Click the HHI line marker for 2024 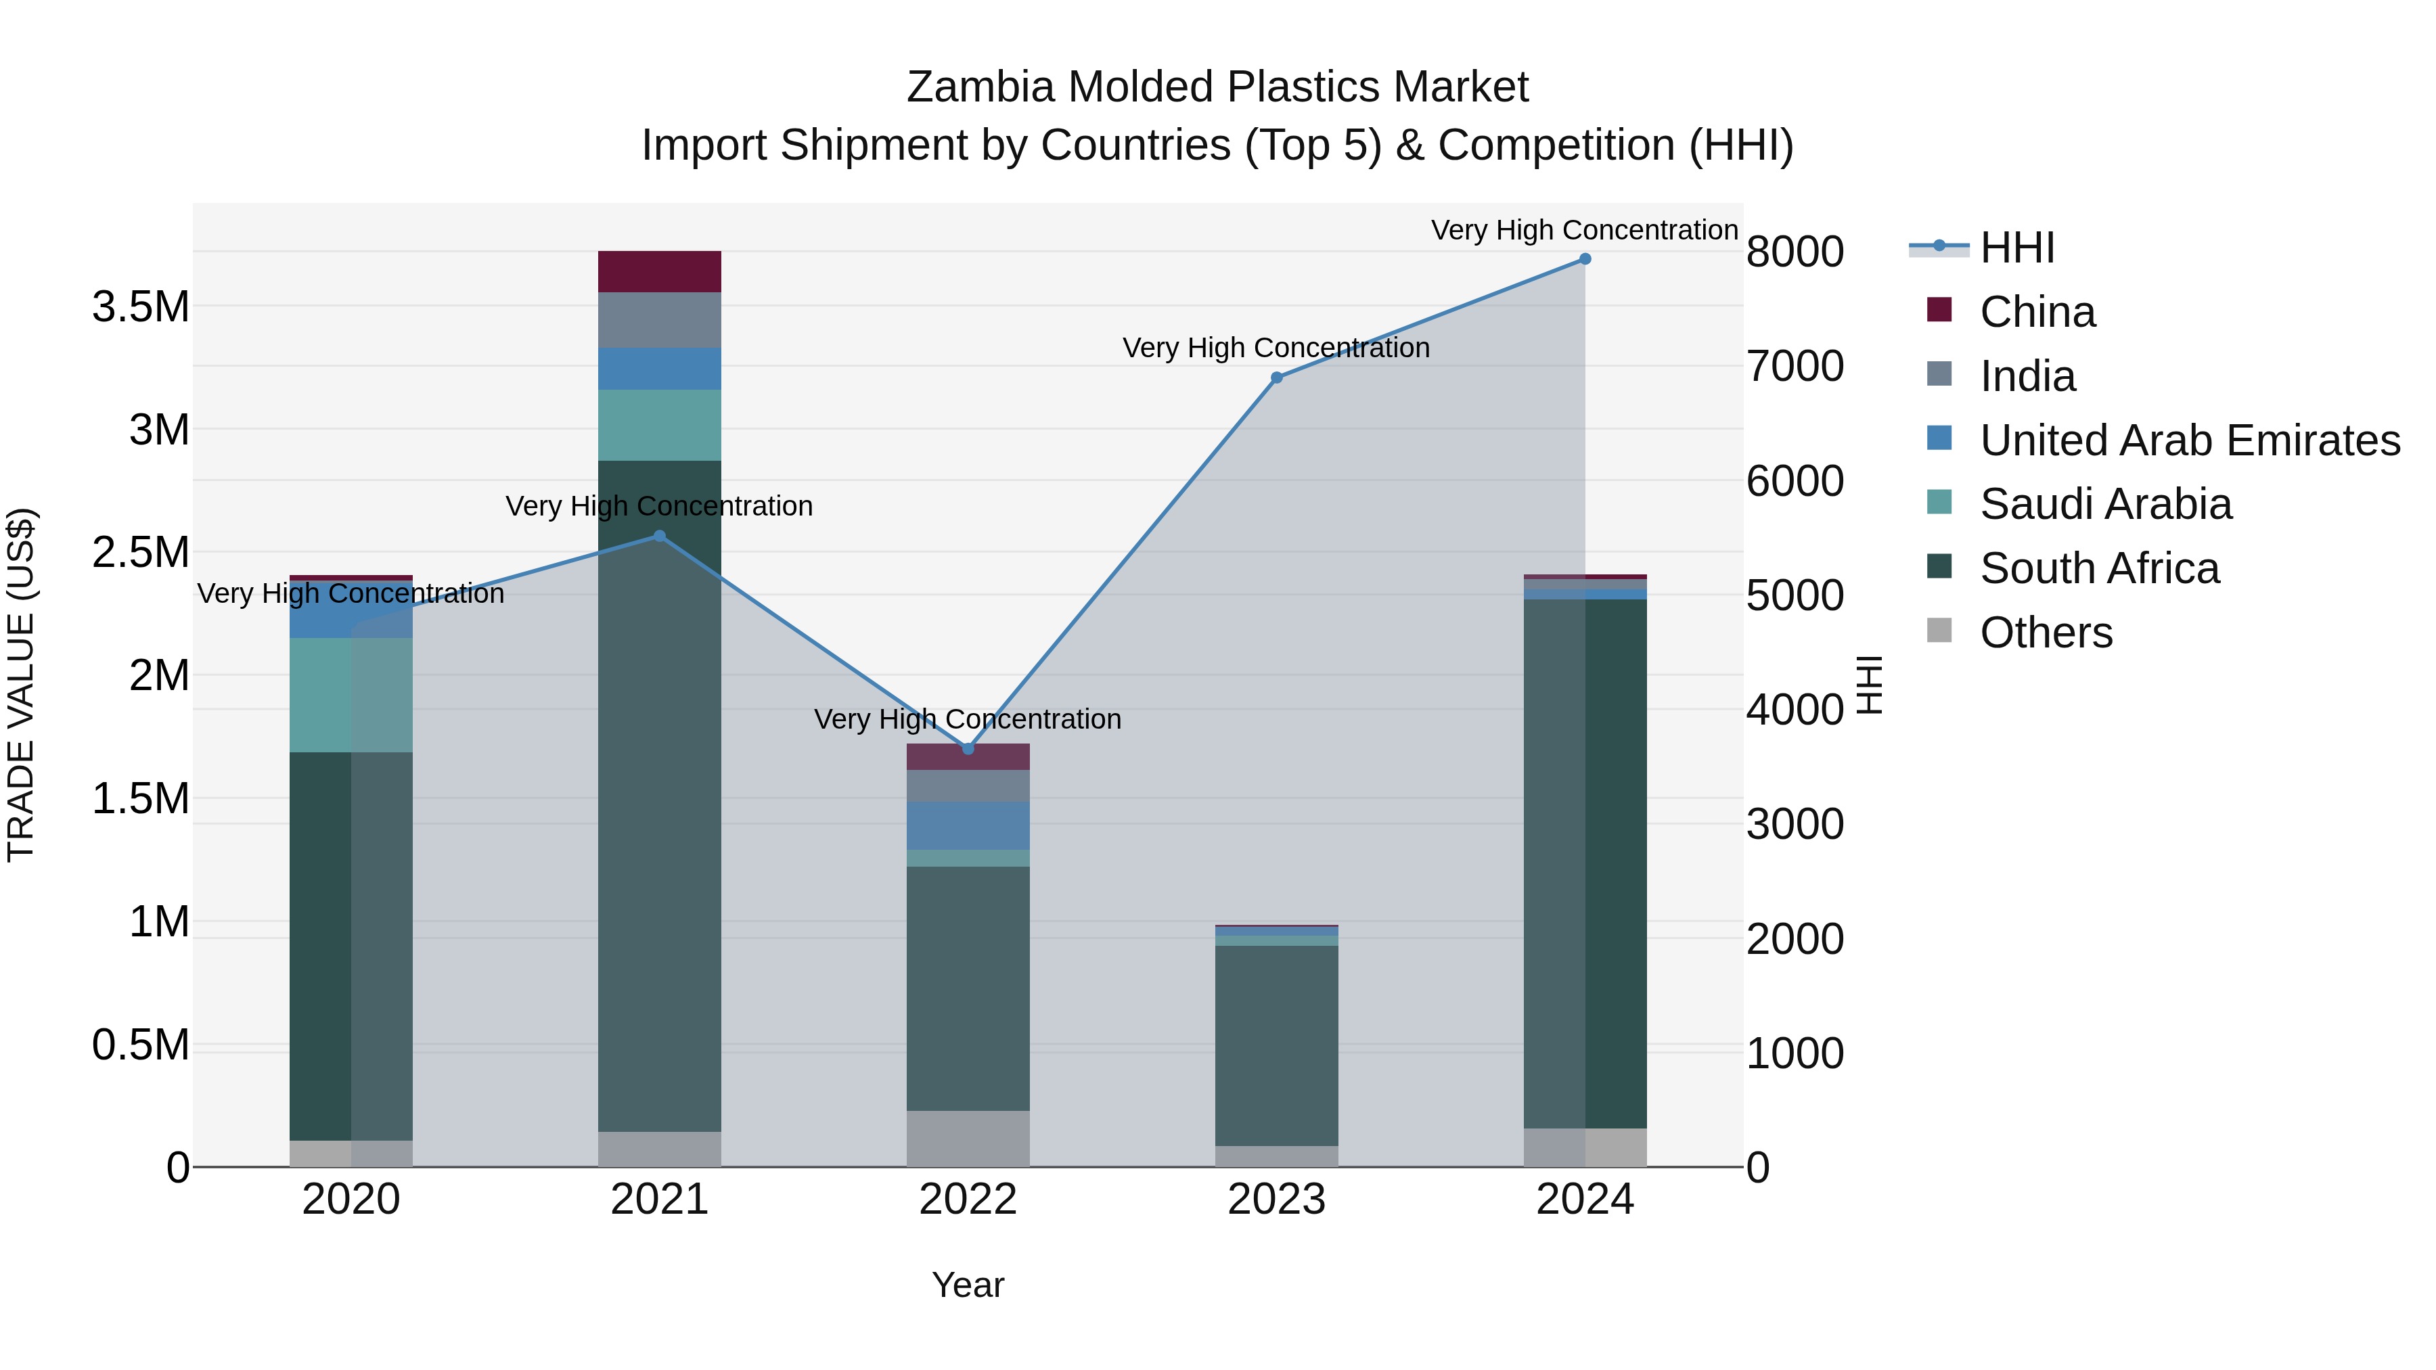pyautogui.click(x=1585, y=259)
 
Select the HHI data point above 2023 pyautogui.click(x=1277, y=378)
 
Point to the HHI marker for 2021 pyautogui.click(x=660, y=536)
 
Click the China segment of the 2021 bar pyautogui.click(x=660, y=271)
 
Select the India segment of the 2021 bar pyautogui.click(x=660, y=319)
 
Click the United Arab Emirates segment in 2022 pyautogui.click(x=968, y=825)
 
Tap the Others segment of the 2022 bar pyautogui.click(x=968, y=1139)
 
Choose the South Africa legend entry pyautogui.click(x=2099, y=568)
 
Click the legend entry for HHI pyautogui.click(x=2016, y=248)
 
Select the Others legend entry pyautogui.click(x=2046, y=633)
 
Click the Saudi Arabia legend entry pyautogui.click(x=2105, y=504)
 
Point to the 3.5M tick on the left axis pyautogui.click(x=141, y=307)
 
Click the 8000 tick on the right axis pyautogui.click(x=1794, y=252)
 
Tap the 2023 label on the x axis pyautogui.click(x=1277, y=1200)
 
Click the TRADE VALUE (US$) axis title pyautogui.click(x=21, y=685)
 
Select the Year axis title pyautogui.click(x=968, y=1285)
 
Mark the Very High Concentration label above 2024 pyautogui.click(x=1584, y=230)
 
